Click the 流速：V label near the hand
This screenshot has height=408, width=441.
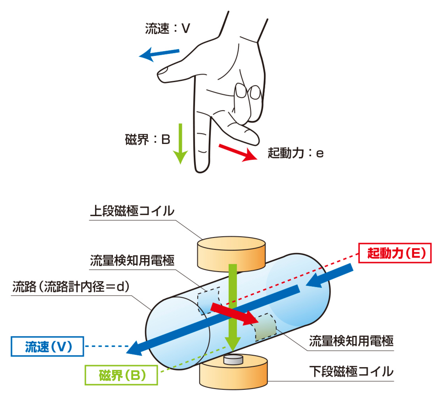168,28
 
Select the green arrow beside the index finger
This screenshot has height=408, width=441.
180,143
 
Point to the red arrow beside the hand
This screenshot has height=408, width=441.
237,152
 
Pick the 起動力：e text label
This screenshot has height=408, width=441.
295,153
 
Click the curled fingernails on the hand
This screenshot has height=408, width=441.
248,92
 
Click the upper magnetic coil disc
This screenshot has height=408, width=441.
231,254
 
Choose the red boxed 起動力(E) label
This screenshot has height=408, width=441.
394,253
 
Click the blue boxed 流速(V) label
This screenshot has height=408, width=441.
48,346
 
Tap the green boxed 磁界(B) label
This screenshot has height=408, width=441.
122,375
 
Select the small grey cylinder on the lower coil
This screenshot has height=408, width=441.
233,359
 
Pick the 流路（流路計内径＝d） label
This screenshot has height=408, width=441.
71,287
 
